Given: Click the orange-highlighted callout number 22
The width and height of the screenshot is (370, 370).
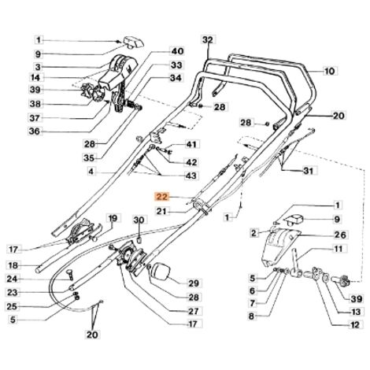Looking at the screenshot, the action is click(x=162, y=197).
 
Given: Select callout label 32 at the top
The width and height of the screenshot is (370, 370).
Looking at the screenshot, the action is click(x=209, y=39).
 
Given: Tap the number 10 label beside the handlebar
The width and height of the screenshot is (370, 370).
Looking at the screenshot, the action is click(x=330, y=71).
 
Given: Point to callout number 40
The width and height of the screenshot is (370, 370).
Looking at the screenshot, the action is click(x=177, y=51).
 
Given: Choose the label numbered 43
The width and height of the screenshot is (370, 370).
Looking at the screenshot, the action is click(x=191, y=175).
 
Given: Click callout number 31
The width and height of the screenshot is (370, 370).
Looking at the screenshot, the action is click(x=309, y=171).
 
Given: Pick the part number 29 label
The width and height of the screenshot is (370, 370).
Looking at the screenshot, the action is click(x=194, y=283).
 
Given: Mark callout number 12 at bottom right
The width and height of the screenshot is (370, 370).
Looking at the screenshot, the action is click(x=354, y=325).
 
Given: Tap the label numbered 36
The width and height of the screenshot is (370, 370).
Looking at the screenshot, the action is click(x=35, y=131).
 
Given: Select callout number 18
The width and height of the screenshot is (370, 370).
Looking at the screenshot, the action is click(x=13, y=265).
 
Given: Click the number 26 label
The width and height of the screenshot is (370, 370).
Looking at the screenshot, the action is click(x=341, y=235).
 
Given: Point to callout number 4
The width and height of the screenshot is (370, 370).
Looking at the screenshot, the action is click(x=91, y=172).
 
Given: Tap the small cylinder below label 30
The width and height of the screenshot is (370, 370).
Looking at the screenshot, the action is click(x=139, y=239).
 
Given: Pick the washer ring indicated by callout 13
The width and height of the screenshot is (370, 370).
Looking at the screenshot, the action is click(x=326, y=277).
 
